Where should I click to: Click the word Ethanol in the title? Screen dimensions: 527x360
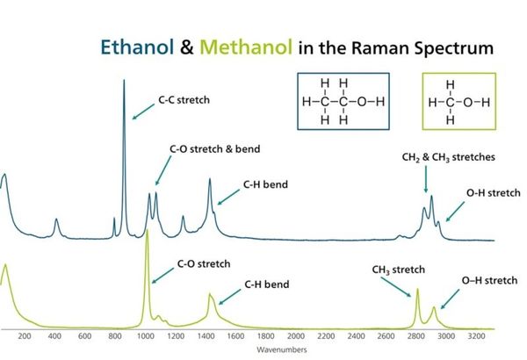(137, 47)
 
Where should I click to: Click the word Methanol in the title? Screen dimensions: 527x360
(246, 47)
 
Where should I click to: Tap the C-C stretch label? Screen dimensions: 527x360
(184, 100)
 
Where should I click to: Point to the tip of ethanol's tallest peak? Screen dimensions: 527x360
(124, 80)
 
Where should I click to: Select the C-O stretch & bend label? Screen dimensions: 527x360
(215, 149)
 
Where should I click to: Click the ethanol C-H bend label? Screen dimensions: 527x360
(265, 184)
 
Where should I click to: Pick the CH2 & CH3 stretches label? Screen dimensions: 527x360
(448, 157)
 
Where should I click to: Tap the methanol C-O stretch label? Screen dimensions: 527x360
(204, 264)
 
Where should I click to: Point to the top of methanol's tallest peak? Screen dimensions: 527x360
(147, 231)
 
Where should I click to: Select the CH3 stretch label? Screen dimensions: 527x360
(398, 270)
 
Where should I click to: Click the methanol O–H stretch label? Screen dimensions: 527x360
(489, 281)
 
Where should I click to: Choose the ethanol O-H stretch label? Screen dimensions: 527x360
(493, 193)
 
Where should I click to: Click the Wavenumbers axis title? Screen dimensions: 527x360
(282, 349)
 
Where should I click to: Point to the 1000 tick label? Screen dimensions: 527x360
(145, 335)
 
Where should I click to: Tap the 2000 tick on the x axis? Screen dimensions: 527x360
(296, 335)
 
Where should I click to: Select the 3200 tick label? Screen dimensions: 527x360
(476, 335)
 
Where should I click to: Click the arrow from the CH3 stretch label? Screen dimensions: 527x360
(396, 287)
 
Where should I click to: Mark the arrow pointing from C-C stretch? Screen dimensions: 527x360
(143, 112)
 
